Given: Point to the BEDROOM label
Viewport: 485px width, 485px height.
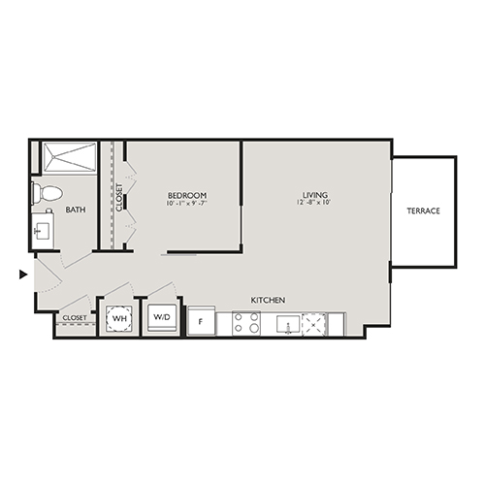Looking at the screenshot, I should (x=187, y=195).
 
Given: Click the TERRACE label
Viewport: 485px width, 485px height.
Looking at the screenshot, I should (x=424, y=210).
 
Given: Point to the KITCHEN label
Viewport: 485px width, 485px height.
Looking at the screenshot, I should (x=268, y=301).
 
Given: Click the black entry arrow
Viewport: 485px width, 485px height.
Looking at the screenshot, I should (x=23, y=275).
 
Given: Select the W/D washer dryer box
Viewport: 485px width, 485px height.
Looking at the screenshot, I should (x=160, y=317).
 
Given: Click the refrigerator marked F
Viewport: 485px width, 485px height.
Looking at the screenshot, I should (x=201, y=321).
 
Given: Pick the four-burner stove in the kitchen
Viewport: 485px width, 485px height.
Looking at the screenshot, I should (x=246, y=323).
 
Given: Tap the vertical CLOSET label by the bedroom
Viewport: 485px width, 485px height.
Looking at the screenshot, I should (x=119, y=197).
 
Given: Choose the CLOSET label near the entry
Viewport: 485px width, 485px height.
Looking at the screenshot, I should (x=75, y=317).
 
